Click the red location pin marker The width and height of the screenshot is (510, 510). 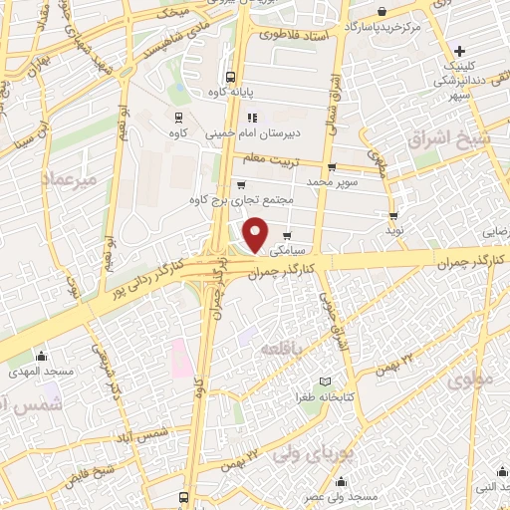(x=257, y=233)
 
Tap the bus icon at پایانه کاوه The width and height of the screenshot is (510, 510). (x=230, y=76)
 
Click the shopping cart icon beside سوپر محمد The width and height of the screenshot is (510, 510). (x=332, y=167)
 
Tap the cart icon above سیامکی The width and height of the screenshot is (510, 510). (x=288, y=235)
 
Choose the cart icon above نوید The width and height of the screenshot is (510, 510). (x=393, y=214)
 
